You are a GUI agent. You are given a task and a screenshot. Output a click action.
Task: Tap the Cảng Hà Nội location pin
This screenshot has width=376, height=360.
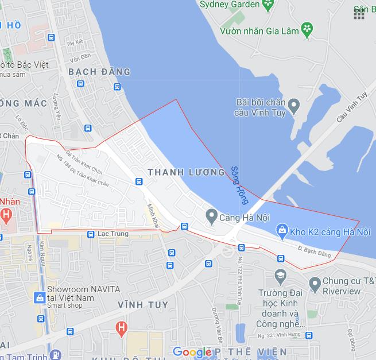(x=211, y=216)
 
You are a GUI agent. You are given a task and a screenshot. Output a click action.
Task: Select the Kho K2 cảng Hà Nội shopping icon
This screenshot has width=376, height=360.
(x=282, y=231)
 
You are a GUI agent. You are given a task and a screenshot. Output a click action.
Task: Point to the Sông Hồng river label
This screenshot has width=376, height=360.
(x=239, y=185)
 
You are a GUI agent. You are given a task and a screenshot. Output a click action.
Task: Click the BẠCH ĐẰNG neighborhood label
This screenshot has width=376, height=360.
(x=99, y=72)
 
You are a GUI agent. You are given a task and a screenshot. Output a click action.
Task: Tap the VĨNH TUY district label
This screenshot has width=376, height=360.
(x=142, y=304)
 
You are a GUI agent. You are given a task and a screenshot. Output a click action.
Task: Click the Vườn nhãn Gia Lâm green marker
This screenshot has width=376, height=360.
(x=308, y=28)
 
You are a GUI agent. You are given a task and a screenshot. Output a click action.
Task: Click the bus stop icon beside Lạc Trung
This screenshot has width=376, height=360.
(x=91, y=234)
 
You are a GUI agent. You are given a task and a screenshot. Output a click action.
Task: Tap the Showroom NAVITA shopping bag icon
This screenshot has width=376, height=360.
(x=40, y=298)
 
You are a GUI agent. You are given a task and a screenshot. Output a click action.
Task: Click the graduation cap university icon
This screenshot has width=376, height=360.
(x=280, y=277)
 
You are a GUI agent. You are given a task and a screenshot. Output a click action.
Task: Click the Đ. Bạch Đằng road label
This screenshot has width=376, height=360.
(x=315, y=251)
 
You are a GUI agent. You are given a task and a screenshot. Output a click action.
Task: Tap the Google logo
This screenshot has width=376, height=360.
(x=191, y=351)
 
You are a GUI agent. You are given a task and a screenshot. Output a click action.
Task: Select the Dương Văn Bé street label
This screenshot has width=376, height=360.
(x=218, y=323)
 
